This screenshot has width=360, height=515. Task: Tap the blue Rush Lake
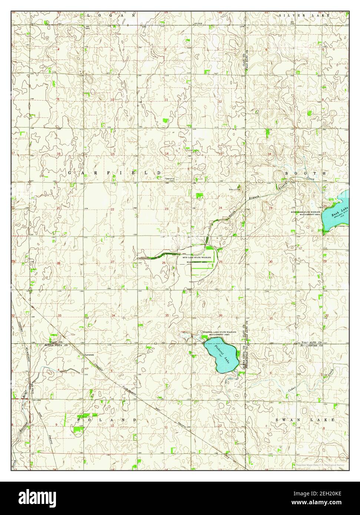(336, 215)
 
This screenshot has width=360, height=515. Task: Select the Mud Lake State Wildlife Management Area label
(196, 259)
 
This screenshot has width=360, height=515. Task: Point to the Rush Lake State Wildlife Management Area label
(305, 213)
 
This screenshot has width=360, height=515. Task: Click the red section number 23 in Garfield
(167, 209)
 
